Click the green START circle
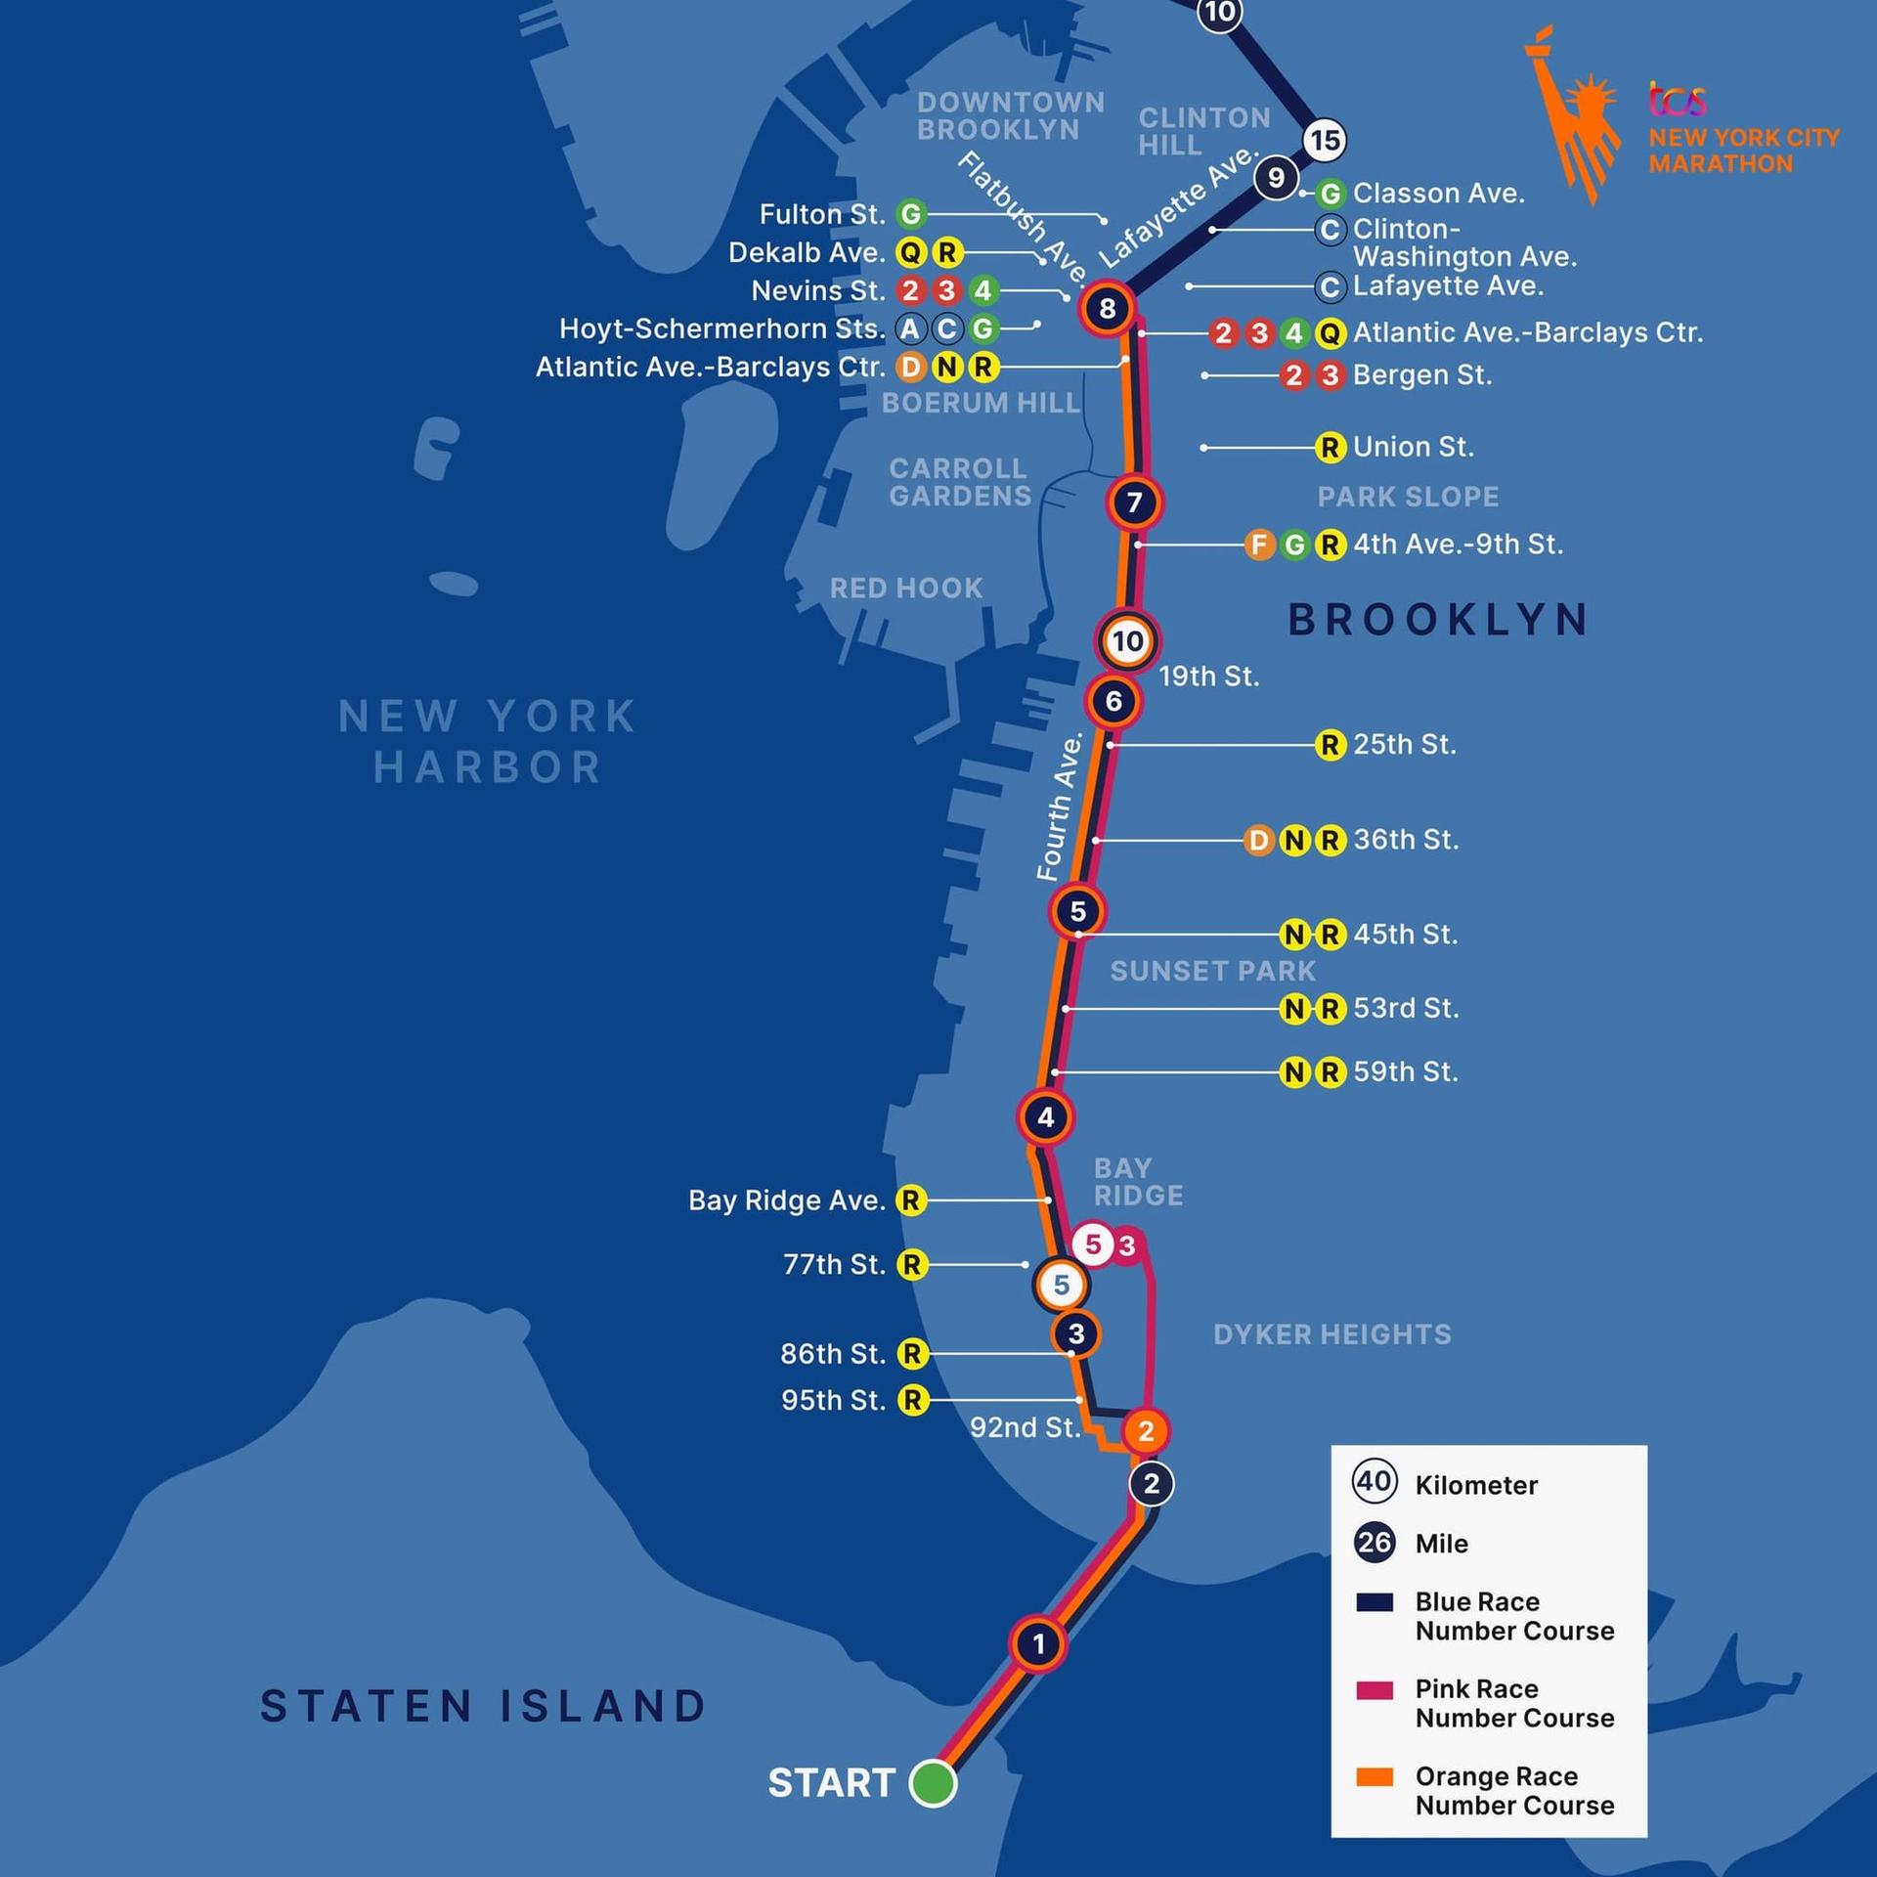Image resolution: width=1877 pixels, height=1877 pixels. (933, 1782)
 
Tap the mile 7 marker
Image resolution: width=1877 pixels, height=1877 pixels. (1134, 502)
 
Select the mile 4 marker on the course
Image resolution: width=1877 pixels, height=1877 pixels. (1046, 1116)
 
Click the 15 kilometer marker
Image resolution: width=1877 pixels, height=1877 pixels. (1325, 140)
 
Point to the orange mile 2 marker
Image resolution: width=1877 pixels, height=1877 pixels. (1146, 1431)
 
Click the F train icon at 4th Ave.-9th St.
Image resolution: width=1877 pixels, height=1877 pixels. (1259, 545)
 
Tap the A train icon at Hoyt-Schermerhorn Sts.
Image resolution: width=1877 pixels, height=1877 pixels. (910, 328)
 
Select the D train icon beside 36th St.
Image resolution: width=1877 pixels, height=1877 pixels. (1259, 840)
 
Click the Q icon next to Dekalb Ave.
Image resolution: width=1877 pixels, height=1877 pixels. (910, 253)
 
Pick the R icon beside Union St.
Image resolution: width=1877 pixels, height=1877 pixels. (1330, 448)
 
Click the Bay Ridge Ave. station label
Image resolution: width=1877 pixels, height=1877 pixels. (786, 1200)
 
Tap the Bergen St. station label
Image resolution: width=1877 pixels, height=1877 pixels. (1421, 375)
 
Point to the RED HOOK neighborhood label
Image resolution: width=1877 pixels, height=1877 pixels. (905, 588)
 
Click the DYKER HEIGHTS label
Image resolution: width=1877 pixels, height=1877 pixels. (1331, 1334)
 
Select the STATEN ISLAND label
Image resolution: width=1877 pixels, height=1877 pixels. (484, 1707)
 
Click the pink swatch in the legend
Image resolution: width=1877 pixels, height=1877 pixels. (1375, 1691)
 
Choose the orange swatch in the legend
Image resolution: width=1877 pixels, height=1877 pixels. (1375, 1778)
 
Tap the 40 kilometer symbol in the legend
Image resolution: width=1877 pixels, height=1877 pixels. (1375, 1482)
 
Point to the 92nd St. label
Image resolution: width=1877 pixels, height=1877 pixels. (1025, 1427)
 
